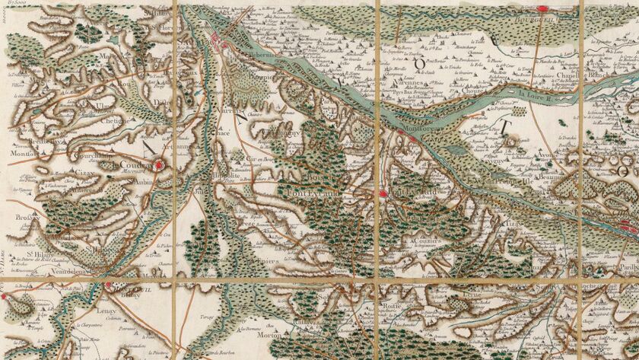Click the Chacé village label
[x=224, y=132]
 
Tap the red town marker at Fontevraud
[x=383, y=193]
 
